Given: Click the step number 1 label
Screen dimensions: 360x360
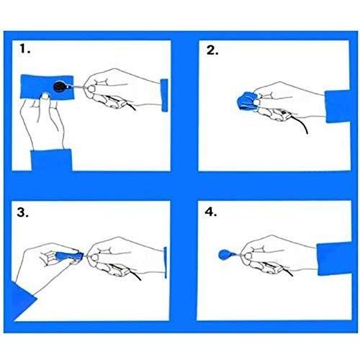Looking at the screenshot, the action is click(25, 49).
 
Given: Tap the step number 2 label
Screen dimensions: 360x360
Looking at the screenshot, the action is click(212, 50).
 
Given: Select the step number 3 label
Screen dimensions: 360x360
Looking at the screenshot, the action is click(23, 212).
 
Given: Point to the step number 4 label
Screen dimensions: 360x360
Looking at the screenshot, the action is click(211, 212).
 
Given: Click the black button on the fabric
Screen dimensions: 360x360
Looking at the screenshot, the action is click(60, 86).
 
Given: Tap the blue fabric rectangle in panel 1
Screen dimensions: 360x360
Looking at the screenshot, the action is click(47, 87).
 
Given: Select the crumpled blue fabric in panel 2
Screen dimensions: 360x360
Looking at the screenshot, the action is click(247, 102).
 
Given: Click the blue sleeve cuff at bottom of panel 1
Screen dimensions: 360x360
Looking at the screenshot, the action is click(52, 160).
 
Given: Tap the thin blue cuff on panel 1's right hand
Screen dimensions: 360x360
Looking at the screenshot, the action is click(164, 95).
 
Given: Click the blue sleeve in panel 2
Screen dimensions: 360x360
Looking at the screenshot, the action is click(338, 107).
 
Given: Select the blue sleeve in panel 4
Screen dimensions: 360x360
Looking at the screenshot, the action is click(335, 258).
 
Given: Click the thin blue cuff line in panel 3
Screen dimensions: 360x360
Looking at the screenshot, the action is click(166, 263).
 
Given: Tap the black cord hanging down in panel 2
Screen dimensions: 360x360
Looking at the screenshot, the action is click(300, 124).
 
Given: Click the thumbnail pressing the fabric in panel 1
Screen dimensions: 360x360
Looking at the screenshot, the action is click(45, 96).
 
